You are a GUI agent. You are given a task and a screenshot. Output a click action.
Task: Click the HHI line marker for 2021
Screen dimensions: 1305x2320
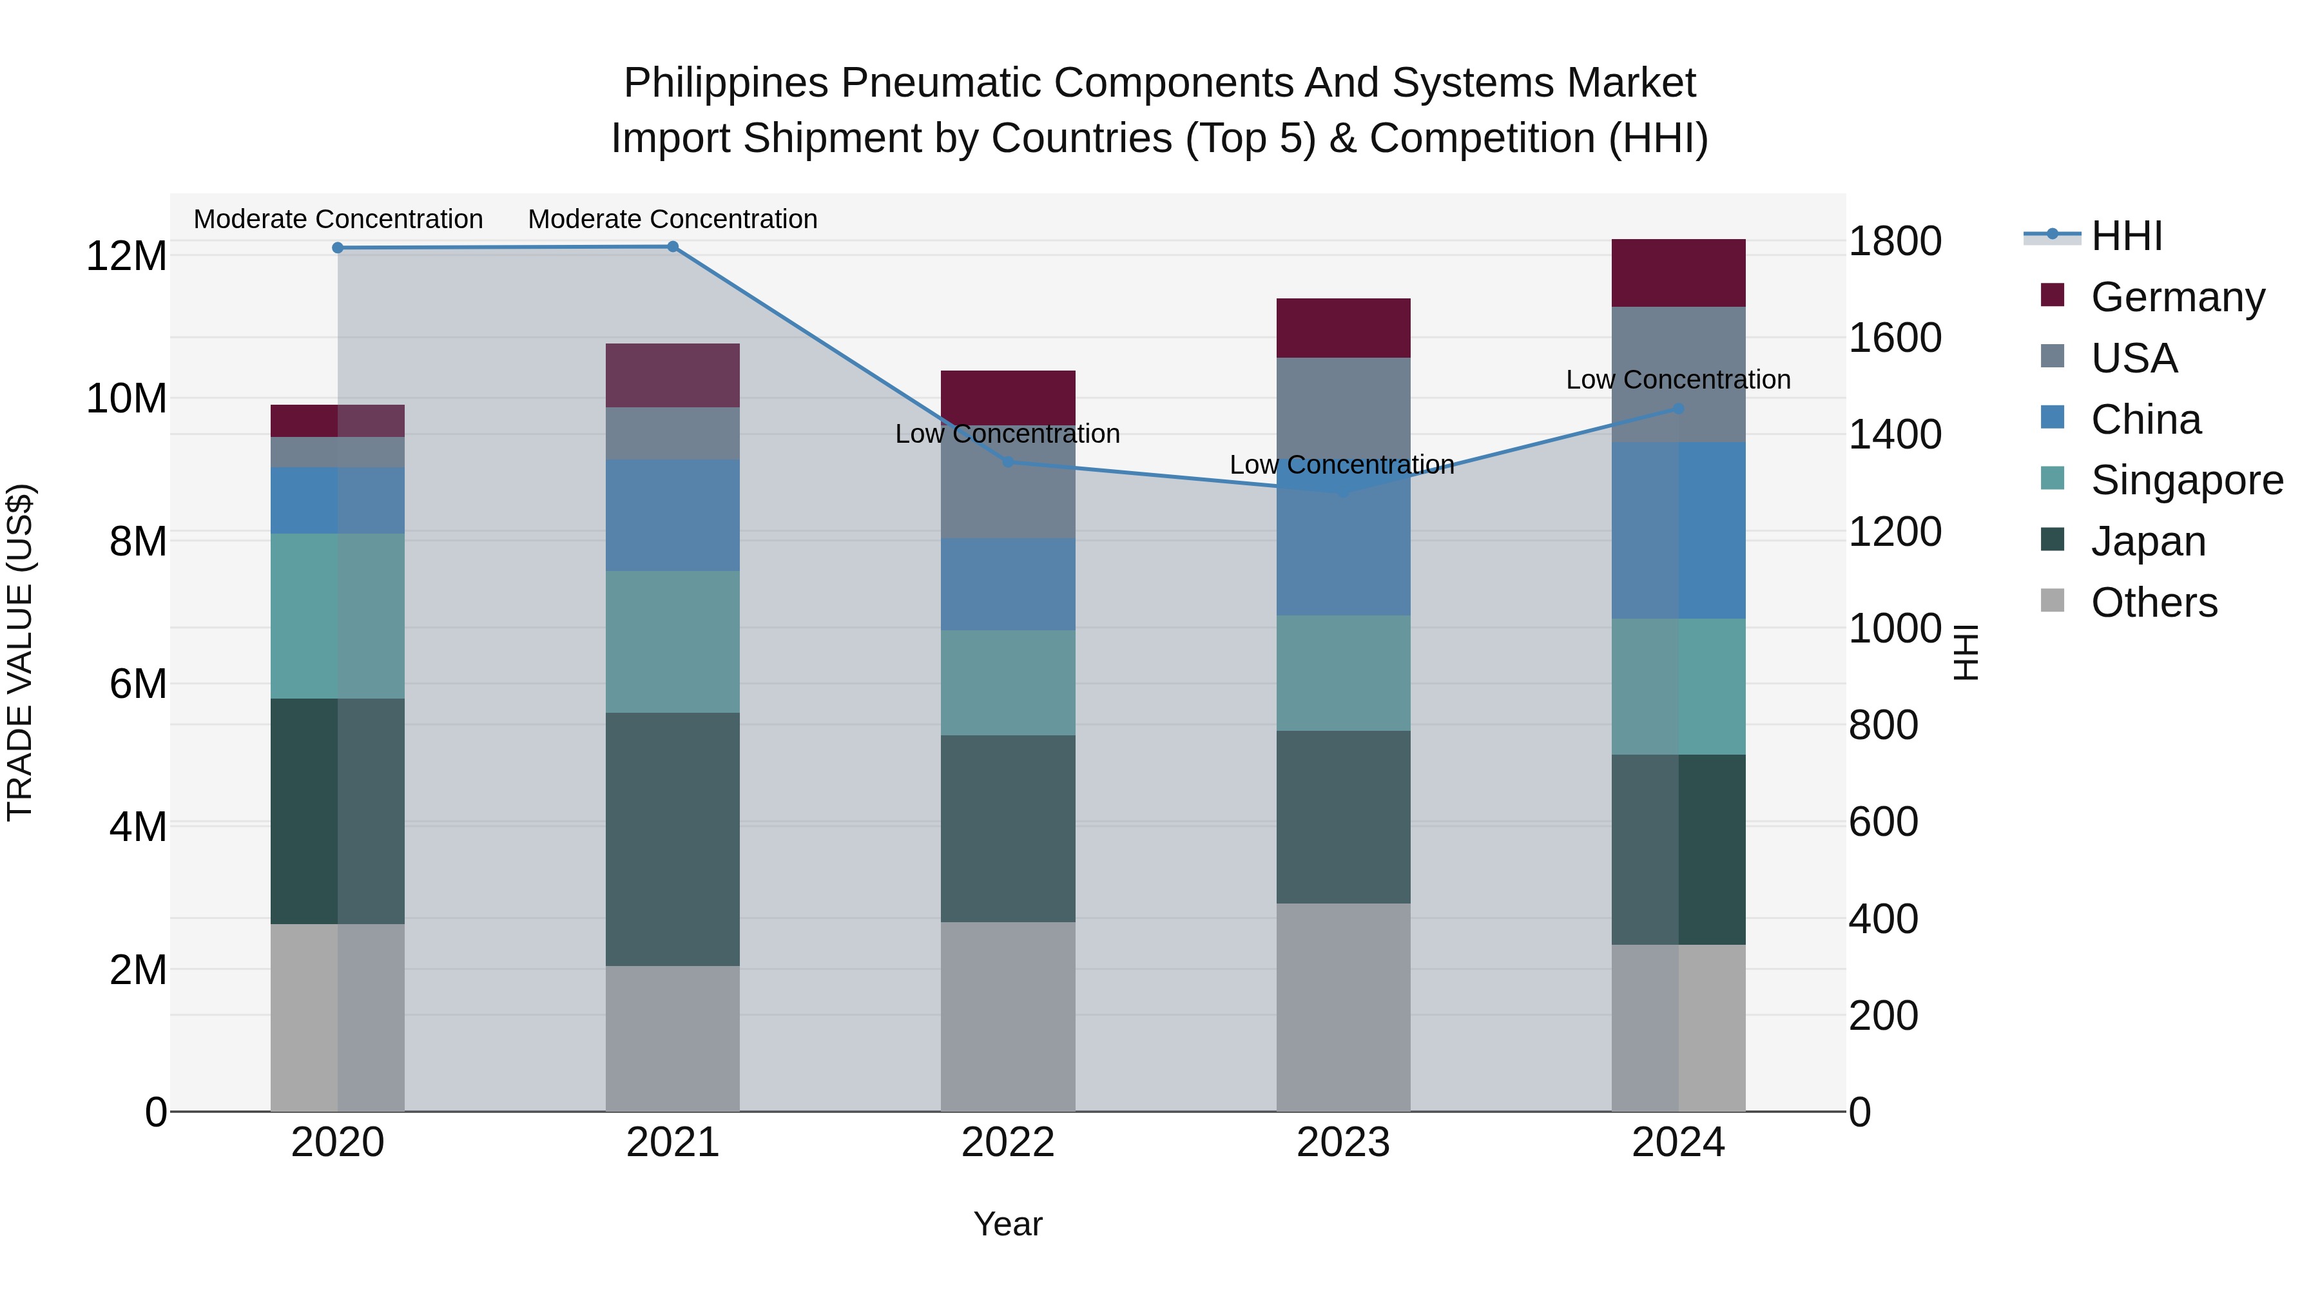pos(672,247)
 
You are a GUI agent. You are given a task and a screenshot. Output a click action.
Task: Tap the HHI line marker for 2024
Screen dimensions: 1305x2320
pos(1678,409)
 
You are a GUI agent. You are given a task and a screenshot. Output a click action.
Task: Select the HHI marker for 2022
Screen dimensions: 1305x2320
pos(1008,462)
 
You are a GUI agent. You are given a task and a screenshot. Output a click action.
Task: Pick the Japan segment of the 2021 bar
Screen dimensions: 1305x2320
pos(672,838)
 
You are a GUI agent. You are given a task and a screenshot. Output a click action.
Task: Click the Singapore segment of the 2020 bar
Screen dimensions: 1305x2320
pos(337,615)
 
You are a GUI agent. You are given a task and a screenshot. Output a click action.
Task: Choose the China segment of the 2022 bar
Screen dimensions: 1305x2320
pos(1008,584)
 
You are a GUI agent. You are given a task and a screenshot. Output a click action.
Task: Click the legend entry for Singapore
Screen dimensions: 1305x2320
pos(2186,480)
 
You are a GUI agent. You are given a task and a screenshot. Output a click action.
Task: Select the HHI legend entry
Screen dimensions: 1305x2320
pos(2125,236)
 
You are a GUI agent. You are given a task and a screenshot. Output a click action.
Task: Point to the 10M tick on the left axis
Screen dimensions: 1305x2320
pos(126,398)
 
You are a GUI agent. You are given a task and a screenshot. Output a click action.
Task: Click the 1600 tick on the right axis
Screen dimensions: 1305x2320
pos(1895,338)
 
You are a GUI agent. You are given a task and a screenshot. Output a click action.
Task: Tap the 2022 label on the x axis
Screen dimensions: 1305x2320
pos(1008,1143)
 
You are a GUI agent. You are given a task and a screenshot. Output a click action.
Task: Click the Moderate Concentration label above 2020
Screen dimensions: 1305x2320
pos(338,219)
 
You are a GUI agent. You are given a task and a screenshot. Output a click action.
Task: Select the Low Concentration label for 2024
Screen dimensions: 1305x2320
pos(1678,379)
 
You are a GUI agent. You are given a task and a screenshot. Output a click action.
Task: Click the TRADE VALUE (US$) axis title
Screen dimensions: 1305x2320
pos(20,652)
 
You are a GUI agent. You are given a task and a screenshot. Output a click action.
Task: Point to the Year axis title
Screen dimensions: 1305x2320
pos(1008,1224)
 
